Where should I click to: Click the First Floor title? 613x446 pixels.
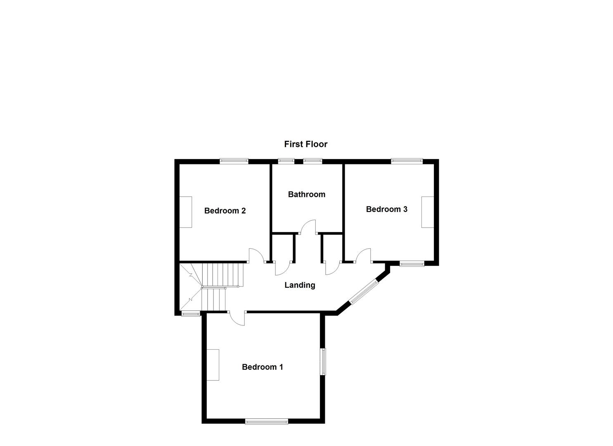[305, 144]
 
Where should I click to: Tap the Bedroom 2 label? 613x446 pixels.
[225, 211]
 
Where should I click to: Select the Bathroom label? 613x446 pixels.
[306, 194]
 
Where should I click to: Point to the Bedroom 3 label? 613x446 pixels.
[386, 209]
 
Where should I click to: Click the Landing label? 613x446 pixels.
[300, 285]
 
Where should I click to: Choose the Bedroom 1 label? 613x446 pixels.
[263, 367]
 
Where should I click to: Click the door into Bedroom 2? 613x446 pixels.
[256, 256]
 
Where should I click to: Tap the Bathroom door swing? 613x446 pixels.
[308, 228]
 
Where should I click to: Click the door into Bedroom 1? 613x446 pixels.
[237, 318]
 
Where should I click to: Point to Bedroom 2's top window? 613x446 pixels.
[234, 161]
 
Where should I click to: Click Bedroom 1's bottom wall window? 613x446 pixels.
[266, 421]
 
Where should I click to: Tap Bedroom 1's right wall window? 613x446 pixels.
[324, 362]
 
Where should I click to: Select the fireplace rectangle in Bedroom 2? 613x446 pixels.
[186, 212]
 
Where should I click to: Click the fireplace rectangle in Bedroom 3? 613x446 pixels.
[427, 212]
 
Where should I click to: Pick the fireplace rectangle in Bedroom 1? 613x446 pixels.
[213, 365]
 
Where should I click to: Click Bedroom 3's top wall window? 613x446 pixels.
[407, 161]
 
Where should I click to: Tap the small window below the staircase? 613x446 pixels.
[191, 314]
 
